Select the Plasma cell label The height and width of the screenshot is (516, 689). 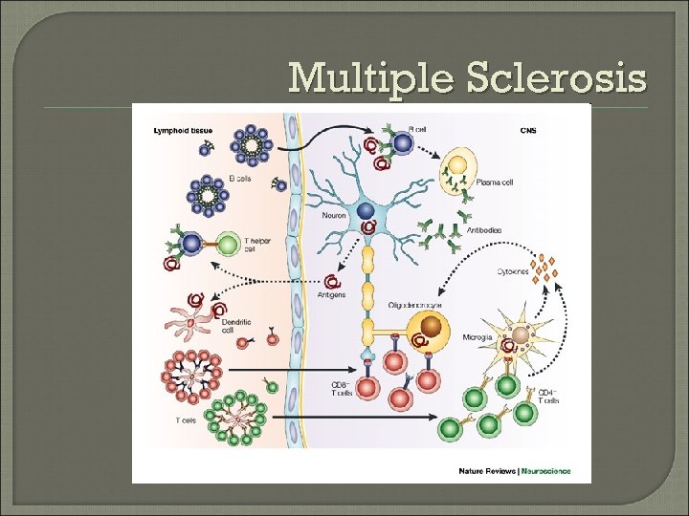pos(495,183)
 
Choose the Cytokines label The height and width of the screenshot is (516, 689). pos(512,271)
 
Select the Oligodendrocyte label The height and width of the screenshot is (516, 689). pos(414,305)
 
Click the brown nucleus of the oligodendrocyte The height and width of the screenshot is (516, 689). pos(435,327)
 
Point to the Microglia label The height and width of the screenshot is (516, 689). pos(476,337)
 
